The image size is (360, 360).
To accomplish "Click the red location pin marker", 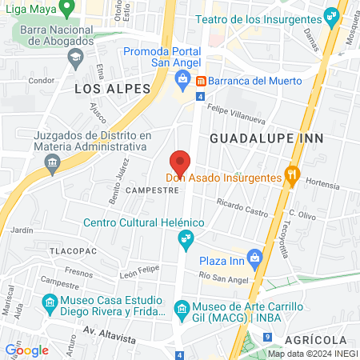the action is pos(181,162).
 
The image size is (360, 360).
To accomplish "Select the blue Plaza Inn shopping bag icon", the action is pos(255,258).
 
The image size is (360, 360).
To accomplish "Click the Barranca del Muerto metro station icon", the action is pos(201,81).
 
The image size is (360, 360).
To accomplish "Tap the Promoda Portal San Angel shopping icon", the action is pos(182,78).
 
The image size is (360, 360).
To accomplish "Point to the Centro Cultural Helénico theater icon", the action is pos(186,238).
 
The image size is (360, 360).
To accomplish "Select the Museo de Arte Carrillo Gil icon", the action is pos(182,309).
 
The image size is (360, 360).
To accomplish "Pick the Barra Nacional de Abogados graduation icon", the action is pos(75,57).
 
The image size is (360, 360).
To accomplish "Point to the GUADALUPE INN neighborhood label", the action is pos(255,138).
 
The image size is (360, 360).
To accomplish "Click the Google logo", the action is pos(26,350).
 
